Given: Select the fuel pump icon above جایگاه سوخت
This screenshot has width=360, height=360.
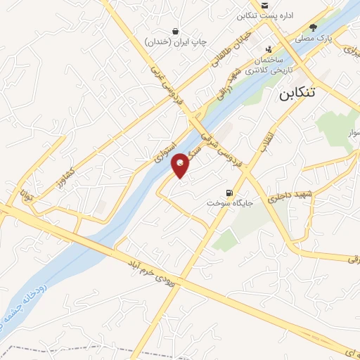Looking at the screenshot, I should pyautogui.click(x=228, y=193).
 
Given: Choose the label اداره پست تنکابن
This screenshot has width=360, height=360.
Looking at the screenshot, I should pyautogui.click(x=264, y=15).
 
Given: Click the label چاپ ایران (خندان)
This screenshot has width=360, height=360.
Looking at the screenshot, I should pyautogui.click(x=176, y=41).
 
